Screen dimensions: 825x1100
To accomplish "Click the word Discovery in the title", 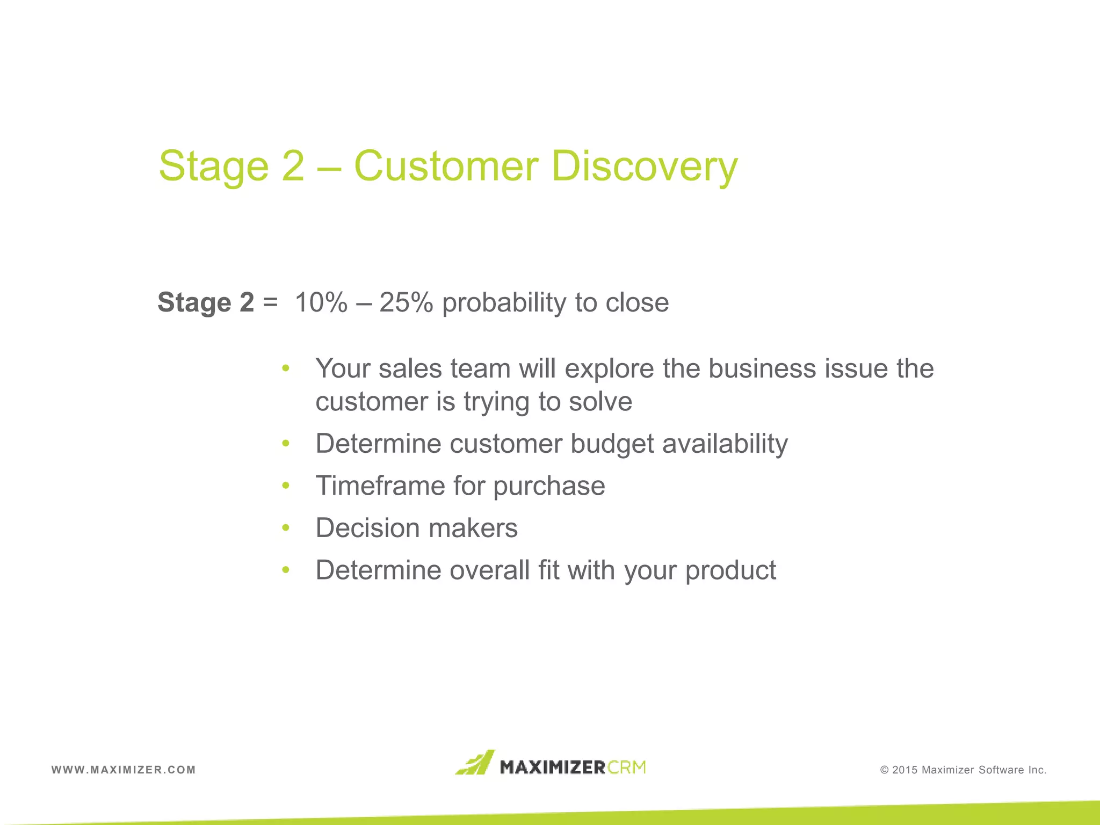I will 645,167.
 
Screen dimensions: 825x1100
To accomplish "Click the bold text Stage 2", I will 206,302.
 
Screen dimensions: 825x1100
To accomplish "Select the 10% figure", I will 321,302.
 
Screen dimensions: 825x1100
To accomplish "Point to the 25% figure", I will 406,302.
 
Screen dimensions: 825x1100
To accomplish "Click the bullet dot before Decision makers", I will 286,528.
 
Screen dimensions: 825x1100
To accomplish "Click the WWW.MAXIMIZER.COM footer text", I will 124,770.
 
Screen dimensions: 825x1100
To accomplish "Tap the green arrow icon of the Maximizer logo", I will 475,763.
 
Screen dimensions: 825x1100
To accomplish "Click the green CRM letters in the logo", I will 627,767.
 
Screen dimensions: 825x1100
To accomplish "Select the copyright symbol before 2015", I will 885,770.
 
